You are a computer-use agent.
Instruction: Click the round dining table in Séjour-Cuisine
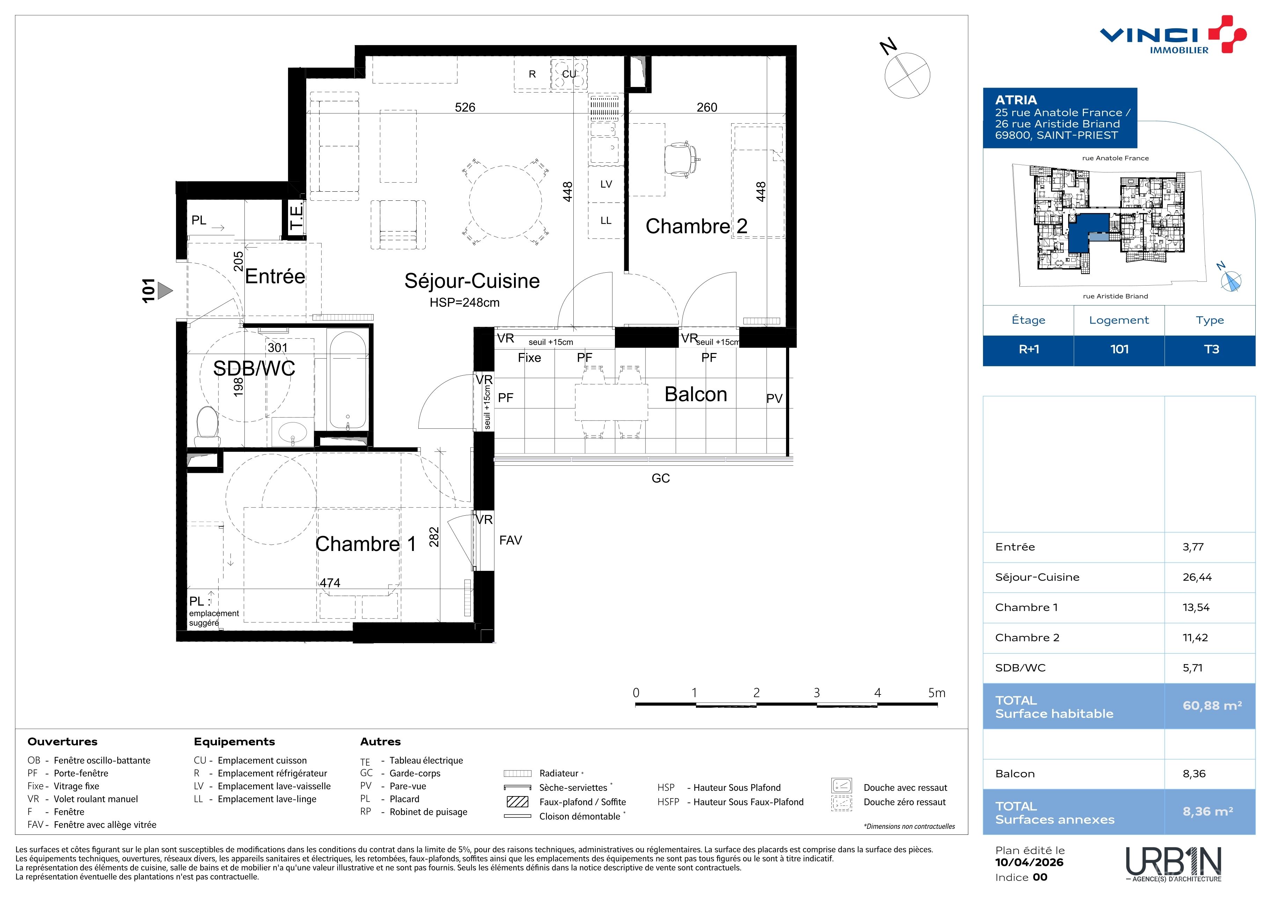[x=505, y=202]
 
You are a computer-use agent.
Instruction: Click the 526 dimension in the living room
[x=465, y=107]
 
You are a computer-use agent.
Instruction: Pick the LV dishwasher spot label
[x=606, y=184]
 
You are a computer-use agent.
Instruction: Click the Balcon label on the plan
[x=696, y=394]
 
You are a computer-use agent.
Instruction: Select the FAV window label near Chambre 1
[x=511, y=540]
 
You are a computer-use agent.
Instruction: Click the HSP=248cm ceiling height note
[x=465, y=302]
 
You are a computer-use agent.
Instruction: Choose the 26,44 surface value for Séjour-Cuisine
[x=1197, y=577]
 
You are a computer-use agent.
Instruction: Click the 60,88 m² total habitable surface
[x=1212, y=706]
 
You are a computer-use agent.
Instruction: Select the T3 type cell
[x=1211, y=349]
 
